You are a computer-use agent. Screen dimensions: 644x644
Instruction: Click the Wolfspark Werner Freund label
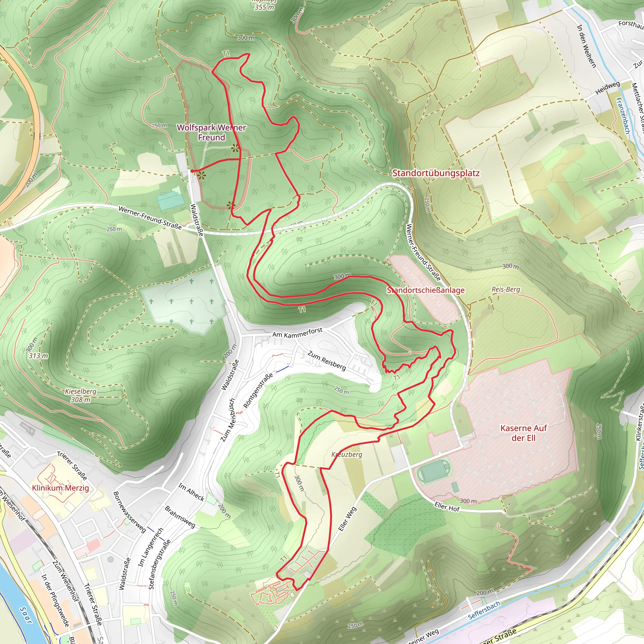pos(211,132)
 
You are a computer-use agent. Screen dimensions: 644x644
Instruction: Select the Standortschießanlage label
pos(426,290)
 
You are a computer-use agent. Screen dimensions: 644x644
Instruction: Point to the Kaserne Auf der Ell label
pos(523,433)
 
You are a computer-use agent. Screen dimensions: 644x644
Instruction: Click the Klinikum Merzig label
pos(60,488)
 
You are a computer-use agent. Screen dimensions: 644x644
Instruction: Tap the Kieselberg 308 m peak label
pos(81,395)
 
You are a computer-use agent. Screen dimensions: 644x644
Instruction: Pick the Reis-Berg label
pos(506,289)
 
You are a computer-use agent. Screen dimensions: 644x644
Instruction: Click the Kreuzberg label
pos(347,454)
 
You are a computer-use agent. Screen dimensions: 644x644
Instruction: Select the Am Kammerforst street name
pos(297,332)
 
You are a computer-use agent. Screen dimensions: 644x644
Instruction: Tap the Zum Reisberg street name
pos(327,360)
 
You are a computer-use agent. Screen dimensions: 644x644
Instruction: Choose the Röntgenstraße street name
pos(258,390)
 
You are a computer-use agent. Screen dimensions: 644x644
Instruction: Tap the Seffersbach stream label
pos(484,610)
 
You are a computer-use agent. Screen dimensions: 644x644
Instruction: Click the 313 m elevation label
pos(38,356)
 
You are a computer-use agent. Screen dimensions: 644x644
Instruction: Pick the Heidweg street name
pos(607,88)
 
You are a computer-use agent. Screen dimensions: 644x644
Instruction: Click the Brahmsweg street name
pos(180,517)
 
